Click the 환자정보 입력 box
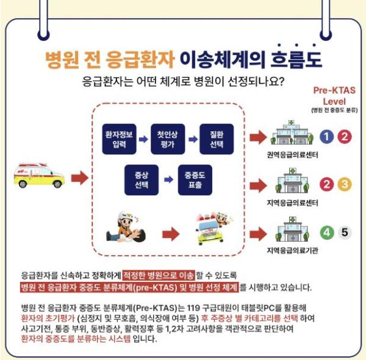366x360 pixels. [120, 139]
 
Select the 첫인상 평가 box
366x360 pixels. [168, 139]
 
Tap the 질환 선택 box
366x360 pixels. [217, 139]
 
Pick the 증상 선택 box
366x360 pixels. [142, 180]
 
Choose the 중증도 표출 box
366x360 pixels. [195, 180]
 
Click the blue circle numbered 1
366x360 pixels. [327, 137]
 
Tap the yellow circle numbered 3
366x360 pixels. [345, 184]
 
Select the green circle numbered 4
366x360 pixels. [327, 232]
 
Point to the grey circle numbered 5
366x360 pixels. [345, 232]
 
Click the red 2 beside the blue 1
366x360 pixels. [345, 137]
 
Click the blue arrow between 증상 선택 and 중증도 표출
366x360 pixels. [169, 180]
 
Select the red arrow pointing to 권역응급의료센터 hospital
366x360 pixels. [258, 137]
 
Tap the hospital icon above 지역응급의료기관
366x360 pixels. [292, 229]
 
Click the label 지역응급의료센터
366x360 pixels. [292, 203]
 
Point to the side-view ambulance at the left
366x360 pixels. [39, 176]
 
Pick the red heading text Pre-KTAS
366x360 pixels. [334, 90]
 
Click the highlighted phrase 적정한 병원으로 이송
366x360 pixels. [159, 275]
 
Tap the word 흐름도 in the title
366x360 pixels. [296, 59]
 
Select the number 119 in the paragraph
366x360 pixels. [193, 308]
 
